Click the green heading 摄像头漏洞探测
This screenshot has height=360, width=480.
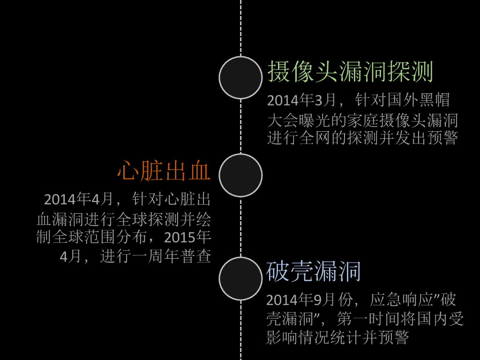point(350,72)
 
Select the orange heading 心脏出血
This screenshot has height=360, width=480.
point(164,171)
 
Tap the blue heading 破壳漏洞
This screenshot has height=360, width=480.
point(313,271)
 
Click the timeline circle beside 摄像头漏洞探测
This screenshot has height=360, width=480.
point(240,77)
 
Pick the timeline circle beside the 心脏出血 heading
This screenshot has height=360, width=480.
point(240,175)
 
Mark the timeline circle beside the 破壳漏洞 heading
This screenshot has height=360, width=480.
point(240,278)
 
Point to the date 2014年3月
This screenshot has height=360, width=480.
point(302,100)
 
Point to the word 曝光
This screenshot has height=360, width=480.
point(315,120)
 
